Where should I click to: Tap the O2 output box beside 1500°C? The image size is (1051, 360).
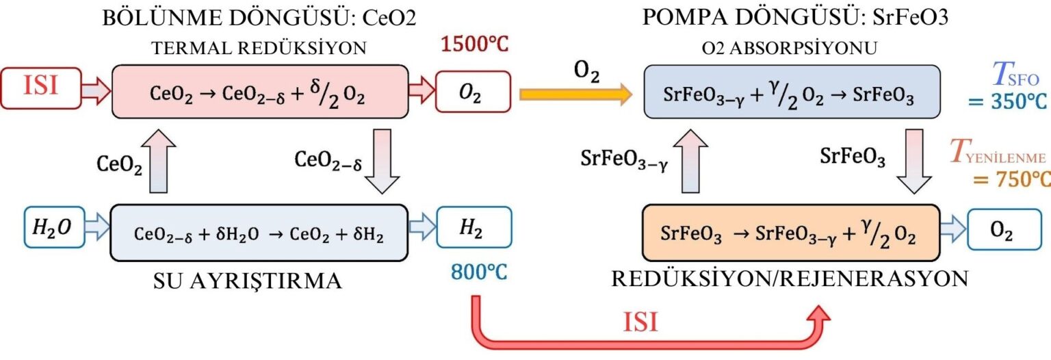point(473,92)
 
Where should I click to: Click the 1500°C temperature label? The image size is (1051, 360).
point(475,47)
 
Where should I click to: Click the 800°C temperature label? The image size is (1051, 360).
point(480,272)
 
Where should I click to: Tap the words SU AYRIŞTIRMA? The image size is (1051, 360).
point(247,280)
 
